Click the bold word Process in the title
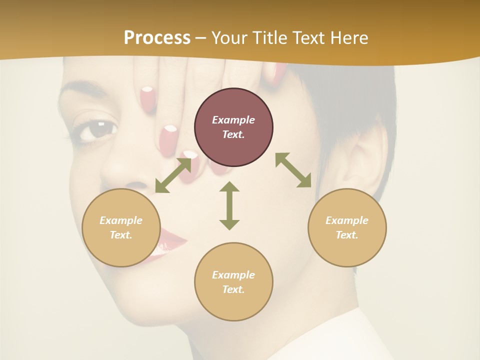pos(157,38)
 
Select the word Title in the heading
pos(268,38)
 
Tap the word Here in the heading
pos(349,38)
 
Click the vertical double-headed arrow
pos(229,205)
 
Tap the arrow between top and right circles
pos(293,170)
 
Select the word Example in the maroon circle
pos(233,120)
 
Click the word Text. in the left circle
pos(121,235)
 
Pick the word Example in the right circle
pos(347,220)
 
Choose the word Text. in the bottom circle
pos(233,289)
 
